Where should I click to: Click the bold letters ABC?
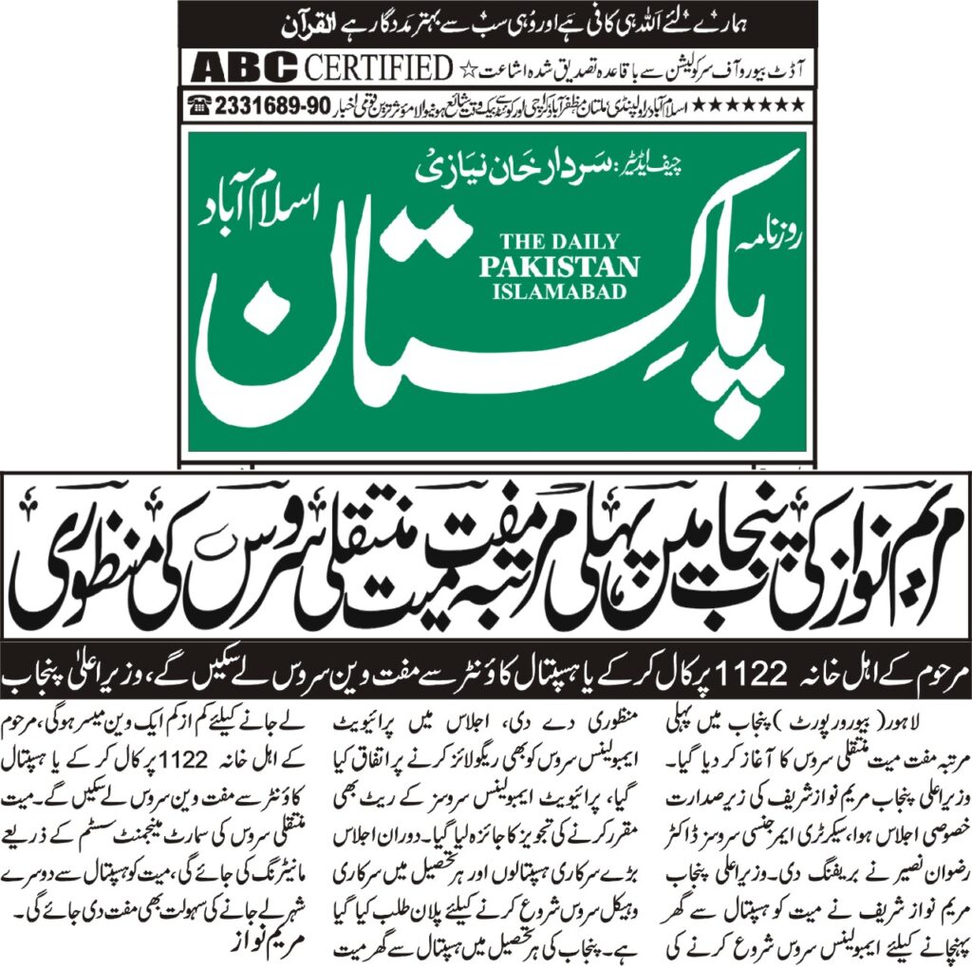(243, 68)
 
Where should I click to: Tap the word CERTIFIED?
(378, 68)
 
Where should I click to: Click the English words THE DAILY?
(553, 242)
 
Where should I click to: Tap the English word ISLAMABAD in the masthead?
(560, 291)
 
